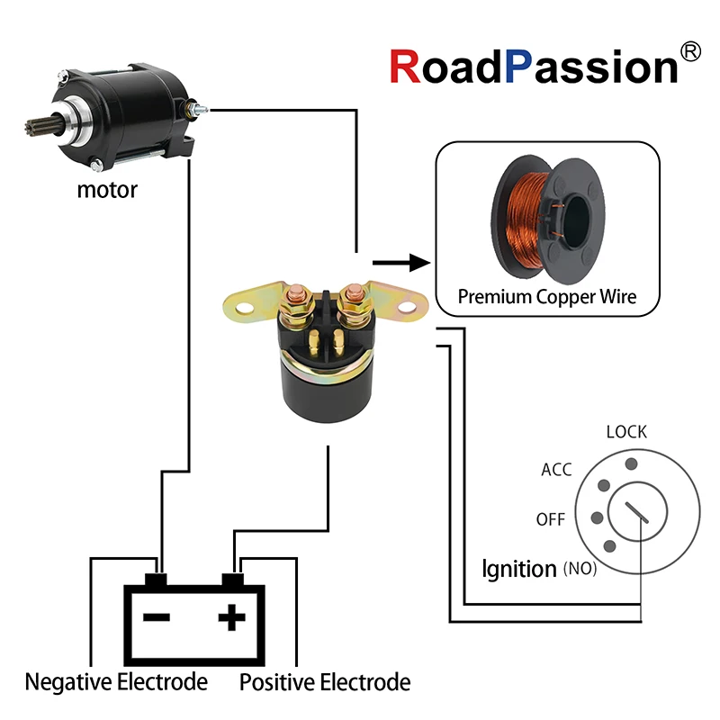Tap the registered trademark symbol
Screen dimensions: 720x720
691,52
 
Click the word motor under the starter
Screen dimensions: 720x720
107,190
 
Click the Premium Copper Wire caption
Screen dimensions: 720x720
546,296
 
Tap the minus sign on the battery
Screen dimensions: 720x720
157,617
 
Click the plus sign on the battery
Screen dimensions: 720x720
232,616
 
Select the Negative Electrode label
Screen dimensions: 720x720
116,682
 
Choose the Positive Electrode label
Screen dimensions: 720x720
324,682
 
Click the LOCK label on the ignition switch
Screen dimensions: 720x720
626,432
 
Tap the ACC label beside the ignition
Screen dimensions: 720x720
556,470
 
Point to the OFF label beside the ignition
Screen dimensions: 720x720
550,520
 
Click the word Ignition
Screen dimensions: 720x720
519,569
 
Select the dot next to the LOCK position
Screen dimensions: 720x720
632,463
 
